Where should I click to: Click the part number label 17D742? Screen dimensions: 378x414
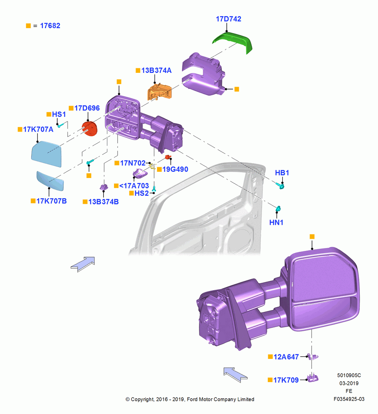228,19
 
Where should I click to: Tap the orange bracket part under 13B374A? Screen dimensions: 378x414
160,91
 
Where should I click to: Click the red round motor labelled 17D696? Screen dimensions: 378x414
90,129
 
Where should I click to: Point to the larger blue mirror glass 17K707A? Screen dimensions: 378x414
47,154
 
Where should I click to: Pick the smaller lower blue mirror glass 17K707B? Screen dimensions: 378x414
50,181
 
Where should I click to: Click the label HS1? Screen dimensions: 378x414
59,114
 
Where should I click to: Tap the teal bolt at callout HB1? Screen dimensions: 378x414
280,186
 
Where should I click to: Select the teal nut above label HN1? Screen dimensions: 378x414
278,209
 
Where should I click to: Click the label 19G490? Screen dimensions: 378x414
175,169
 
